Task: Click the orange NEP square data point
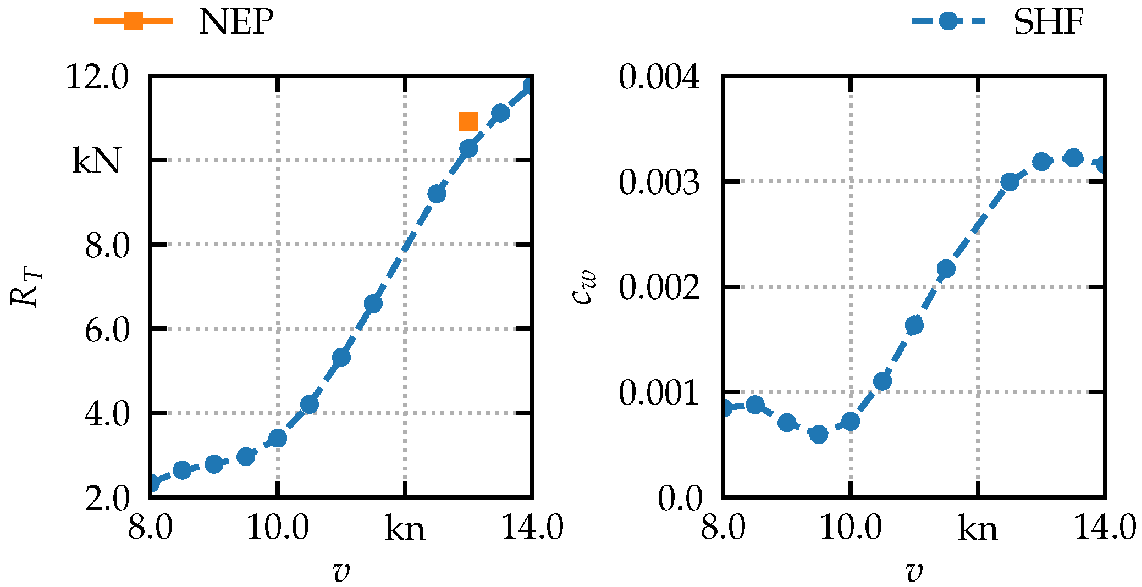coord(468,121)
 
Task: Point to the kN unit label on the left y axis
coord(96,162)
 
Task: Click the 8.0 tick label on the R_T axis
coord(107,245)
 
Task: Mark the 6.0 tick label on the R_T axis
coord(107,330)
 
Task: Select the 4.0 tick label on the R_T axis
coord(107,413)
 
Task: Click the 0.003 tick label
coord(660,182)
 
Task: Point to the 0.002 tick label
coord(660,287)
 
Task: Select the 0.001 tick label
coord(660,392)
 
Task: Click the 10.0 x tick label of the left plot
coord(278,528)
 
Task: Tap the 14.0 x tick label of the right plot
coord(1105,528)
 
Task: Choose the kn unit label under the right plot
coord(978,529)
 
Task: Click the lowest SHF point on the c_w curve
coord(819,434)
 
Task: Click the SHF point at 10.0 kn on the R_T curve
coord(278,439)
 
